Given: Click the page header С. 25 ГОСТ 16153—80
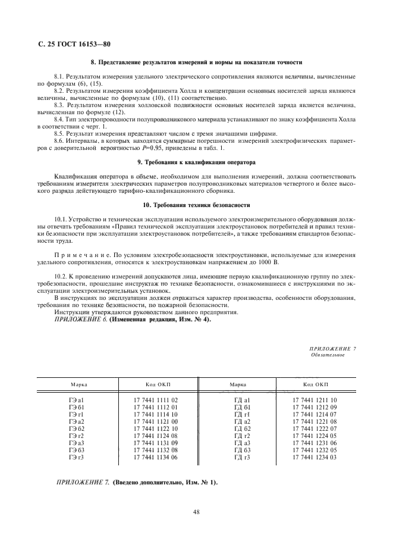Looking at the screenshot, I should pos(74,45).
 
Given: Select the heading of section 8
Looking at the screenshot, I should pos(196,62).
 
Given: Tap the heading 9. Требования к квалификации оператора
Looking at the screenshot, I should pos(196,162).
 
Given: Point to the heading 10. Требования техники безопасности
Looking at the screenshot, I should pos(196,205).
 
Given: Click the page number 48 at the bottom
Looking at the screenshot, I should pos(196,511).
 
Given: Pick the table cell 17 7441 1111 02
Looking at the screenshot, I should pos(156,400).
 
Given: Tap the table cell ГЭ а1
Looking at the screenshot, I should pos(77,400).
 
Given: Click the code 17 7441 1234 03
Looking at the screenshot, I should pos(315,457).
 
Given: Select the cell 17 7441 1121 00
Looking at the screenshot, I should pos(156,421).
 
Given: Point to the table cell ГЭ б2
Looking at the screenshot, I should pos(77,428).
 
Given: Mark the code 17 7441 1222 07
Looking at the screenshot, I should pos(315,428).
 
